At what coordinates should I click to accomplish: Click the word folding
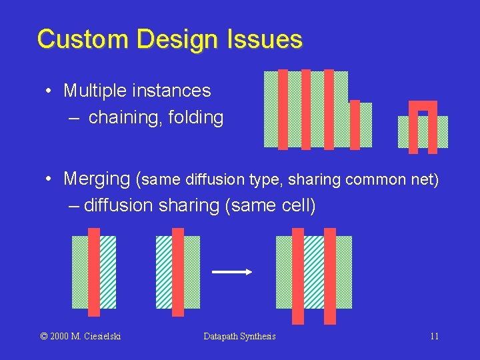195,118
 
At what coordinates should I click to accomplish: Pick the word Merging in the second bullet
97,179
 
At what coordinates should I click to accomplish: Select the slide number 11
434,336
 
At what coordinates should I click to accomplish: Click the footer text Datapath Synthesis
239,336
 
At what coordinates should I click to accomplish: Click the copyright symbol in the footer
44,336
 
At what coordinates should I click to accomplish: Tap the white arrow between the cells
231,271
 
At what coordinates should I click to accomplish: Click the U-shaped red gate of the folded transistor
423,105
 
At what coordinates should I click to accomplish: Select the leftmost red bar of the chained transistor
283,109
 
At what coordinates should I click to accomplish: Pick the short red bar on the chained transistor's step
355,124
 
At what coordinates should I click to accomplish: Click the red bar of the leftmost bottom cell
94,272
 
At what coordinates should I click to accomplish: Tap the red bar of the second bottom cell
178,272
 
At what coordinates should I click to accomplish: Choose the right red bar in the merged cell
330,276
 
